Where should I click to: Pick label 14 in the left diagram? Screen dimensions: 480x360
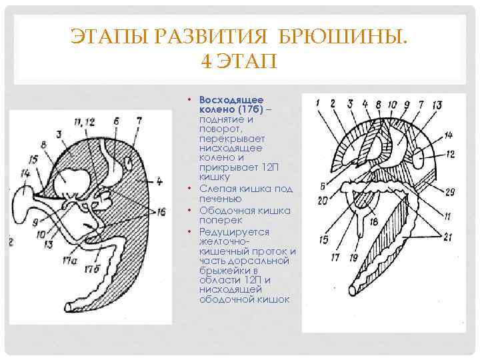coord(26,173)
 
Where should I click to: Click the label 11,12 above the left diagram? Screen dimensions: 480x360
coord(85,121)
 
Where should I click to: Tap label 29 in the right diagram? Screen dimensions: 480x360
coord(450,192)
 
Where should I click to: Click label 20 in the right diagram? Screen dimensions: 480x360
coord(323,199)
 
